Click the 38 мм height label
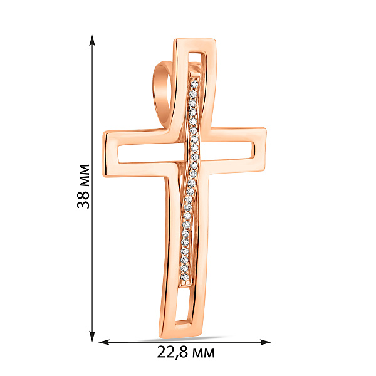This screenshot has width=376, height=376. [x=83, y=186]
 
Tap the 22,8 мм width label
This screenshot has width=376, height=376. [x=186, y=352]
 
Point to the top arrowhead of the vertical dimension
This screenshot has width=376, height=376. [x=92, y=40]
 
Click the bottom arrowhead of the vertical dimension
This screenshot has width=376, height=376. [x=92, y=336]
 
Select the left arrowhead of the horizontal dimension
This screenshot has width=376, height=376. [x=104, y=342]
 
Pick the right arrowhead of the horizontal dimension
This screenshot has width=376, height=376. [x=266, y=342]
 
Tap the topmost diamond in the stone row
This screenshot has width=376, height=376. [x=194, y=84]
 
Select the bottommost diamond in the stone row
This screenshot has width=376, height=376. [x=185, y=278]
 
